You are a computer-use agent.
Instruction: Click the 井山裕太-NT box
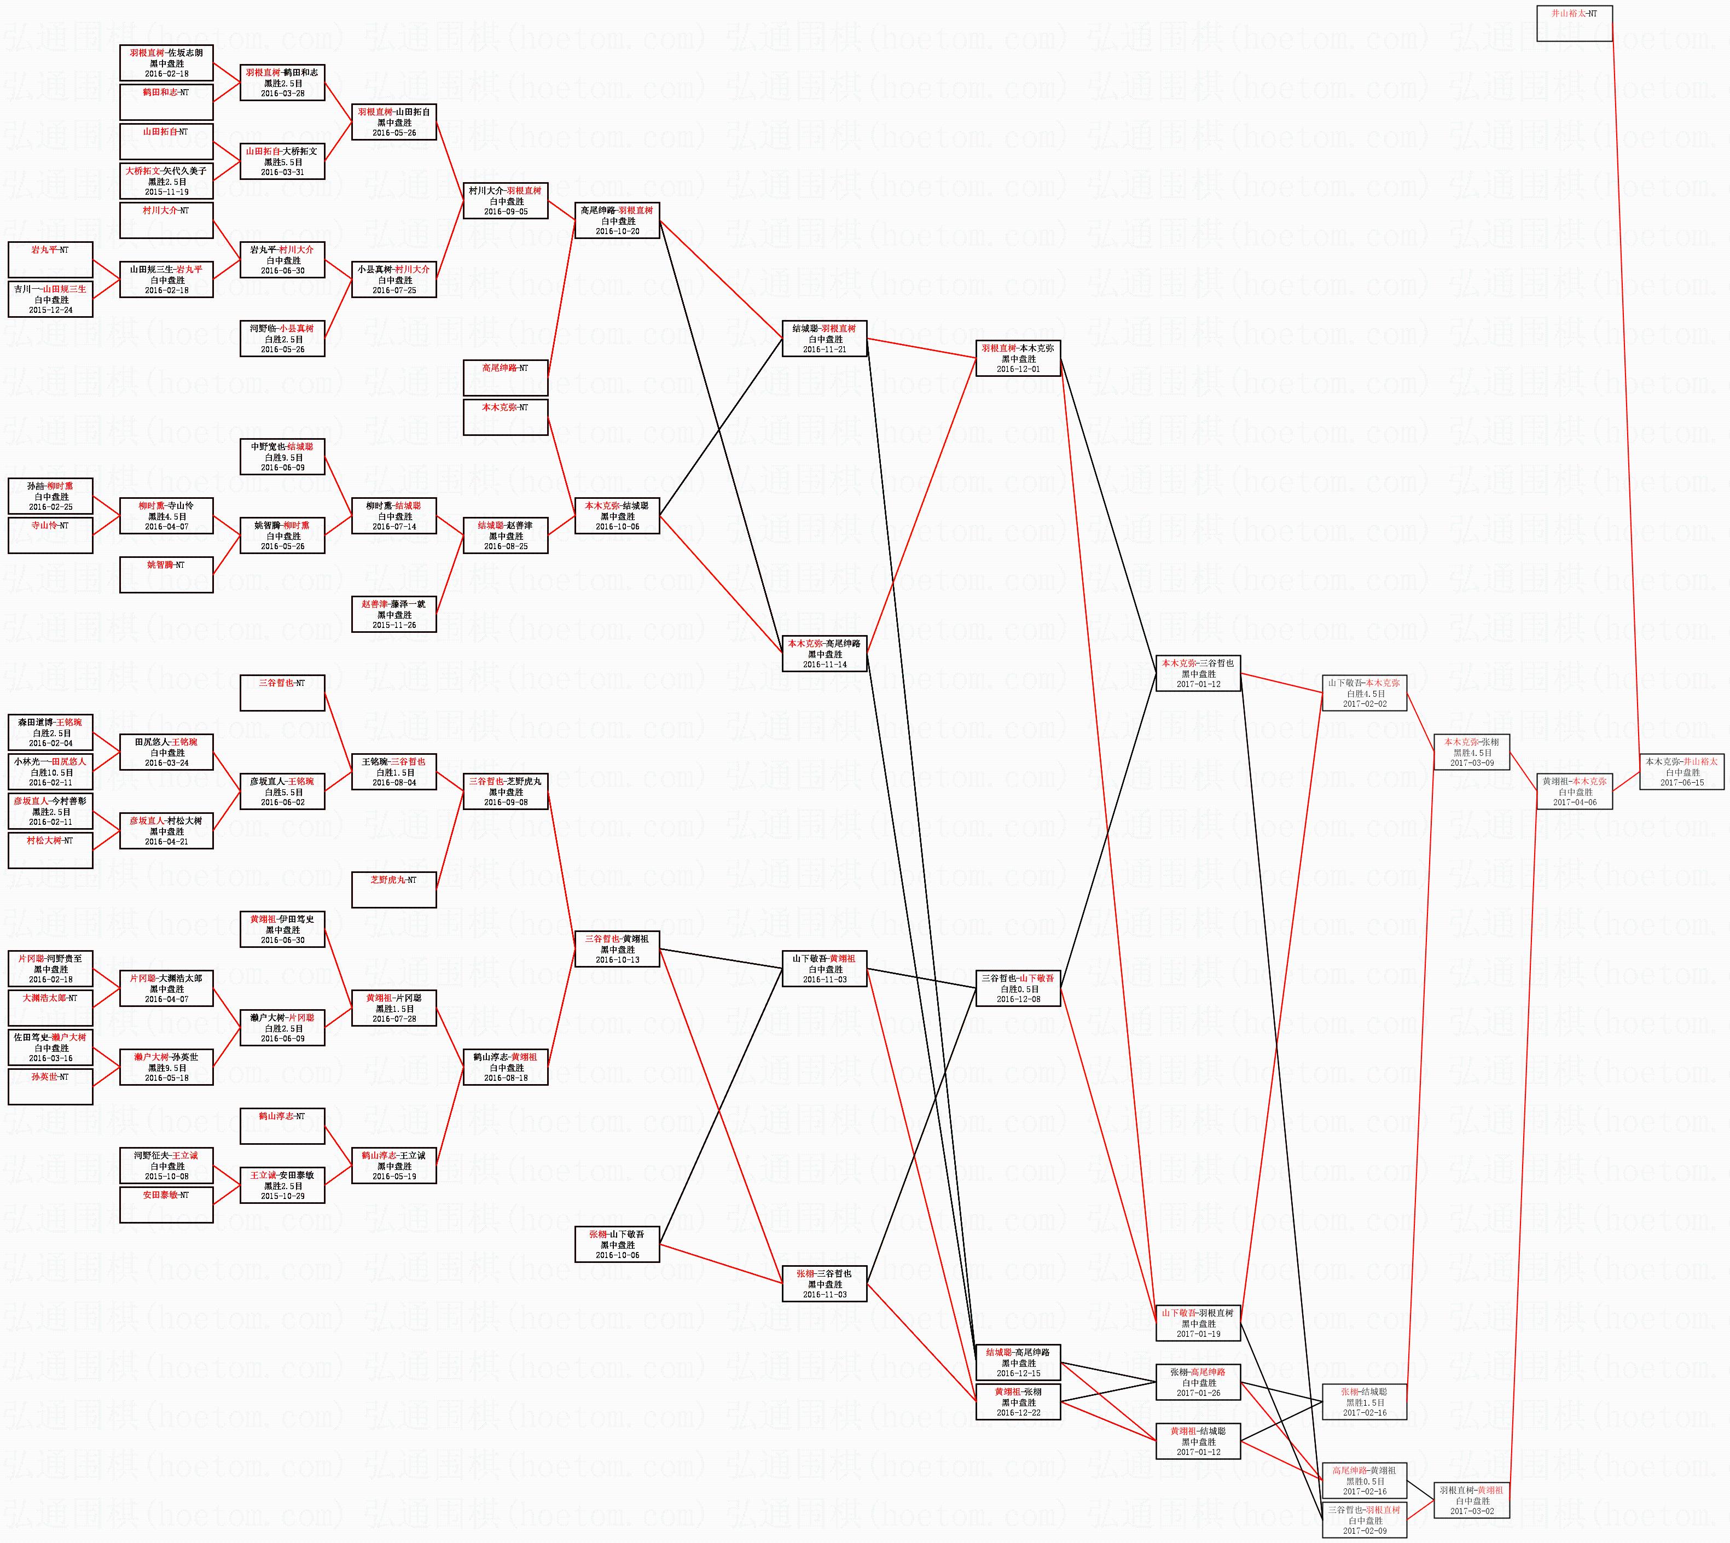[x=1574, y=23]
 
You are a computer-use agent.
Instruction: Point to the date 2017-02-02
[x=1363, y=703]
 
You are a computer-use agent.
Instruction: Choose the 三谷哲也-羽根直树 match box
[x=1363, y=1520]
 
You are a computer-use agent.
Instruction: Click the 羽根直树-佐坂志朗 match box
[x=166, y=63]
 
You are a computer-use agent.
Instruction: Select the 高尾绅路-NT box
[x=506, y=378]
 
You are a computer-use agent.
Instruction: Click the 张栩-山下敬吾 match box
[x=617, y=1244]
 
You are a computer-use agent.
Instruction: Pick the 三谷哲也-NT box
[x=282, y=692]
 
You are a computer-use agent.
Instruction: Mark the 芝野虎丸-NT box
[x=393, y=889]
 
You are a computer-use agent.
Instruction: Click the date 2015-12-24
[x=51, y=310]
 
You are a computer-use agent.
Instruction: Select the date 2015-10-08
[x=166, y=1177]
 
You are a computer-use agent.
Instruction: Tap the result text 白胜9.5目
[x=282, y=457]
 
